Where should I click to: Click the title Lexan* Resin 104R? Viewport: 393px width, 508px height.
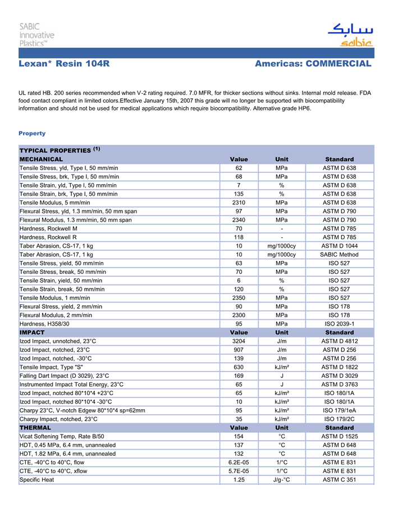(x=64, y=63)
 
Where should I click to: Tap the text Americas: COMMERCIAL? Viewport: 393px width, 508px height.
(x=313, y=63)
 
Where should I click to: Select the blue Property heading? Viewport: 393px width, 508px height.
(x=32, y=133)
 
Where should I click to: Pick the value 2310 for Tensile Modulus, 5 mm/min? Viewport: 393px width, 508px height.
(x=239, y=202)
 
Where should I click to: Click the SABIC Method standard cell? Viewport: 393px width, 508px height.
(x=339, y=254)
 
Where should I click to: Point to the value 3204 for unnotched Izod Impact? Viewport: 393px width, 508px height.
(x=239, y=341)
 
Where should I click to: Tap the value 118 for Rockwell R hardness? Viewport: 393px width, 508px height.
(x=239, y=237)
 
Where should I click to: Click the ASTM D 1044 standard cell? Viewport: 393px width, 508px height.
(x=339, y=246)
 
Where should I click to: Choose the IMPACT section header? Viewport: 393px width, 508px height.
(x=32, y=332)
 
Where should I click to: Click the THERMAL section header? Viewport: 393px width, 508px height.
(x=35, y=428)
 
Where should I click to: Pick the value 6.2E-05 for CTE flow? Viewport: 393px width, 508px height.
(x=239, y=463)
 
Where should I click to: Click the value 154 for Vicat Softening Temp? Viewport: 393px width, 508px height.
(x=239, y=436)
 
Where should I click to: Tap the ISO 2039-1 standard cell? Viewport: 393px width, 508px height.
(x=339, y=324)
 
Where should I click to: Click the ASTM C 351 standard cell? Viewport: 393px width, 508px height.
(x=339, y=480)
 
